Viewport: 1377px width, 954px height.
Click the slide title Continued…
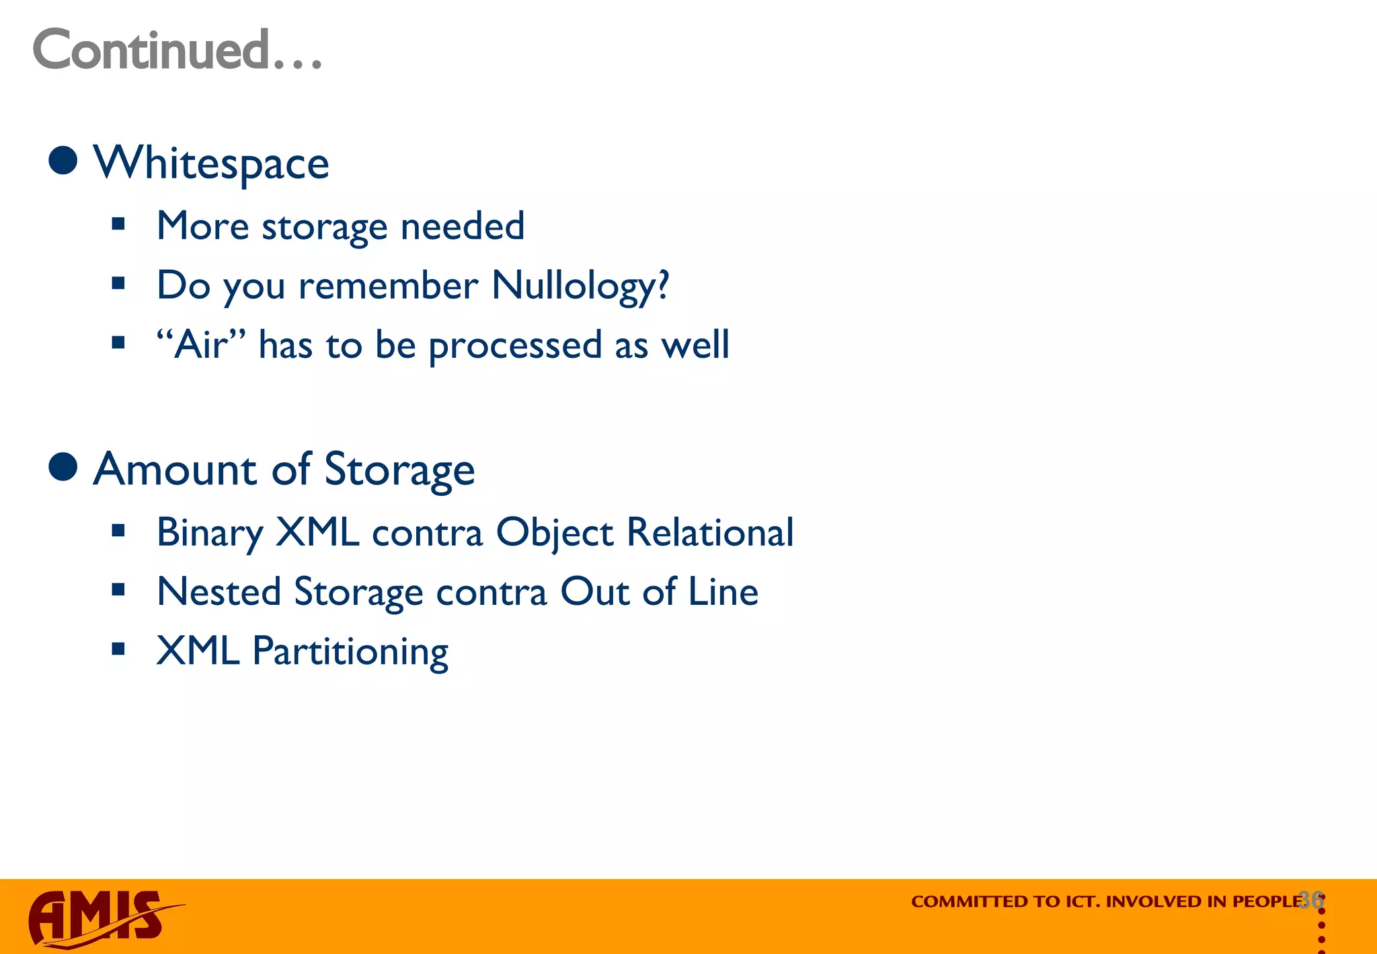pos(178,50)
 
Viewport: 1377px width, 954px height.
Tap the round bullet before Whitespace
pos(63,161)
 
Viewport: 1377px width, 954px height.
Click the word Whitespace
pos(211,163)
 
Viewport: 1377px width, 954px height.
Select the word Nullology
pos(580,285)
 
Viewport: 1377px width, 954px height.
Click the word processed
pos(515,346)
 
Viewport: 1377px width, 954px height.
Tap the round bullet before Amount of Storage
pos(63,467)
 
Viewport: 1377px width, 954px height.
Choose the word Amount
pos(174,469)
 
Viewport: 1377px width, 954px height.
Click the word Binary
pos(209,533)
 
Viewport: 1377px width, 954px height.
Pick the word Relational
pos(710,532)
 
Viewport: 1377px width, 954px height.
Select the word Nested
pos(219,591)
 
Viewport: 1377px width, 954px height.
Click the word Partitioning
pos(350,651)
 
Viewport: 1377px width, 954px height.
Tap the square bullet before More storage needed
pos(119,224)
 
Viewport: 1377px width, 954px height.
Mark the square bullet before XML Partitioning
pos(119,649)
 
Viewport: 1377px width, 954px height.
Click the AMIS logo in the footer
pos(101,918)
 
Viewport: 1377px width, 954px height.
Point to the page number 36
pos(1311,900)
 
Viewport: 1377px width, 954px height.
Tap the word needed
pos(463,226)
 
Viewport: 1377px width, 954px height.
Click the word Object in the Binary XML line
pos(555,533)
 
